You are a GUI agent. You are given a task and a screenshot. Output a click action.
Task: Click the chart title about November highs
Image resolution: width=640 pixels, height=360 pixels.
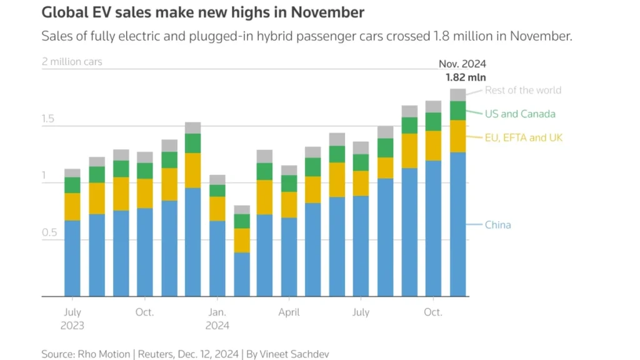tap(203, 12)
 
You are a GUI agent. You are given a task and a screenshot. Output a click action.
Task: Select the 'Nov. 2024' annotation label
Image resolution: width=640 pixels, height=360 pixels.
tap(462, 64)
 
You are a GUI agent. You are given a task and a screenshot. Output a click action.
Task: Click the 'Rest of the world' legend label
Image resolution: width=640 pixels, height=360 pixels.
tap(522, 90)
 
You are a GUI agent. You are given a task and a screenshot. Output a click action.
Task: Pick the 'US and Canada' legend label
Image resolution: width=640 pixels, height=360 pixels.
tap(519, 114)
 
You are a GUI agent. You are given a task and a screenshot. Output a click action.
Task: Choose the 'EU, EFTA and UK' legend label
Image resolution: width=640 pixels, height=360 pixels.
tap(524, 137)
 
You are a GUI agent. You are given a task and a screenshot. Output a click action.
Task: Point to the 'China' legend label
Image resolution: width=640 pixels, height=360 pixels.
tap(497, 225)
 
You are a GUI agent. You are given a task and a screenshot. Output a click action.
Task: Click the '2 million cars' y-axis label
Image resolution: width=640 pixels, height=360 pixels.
tap(72, 62)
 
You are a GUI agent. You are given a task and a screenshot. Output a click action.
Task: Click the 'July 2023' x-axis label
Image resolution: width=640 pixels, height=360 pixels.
tap(72, 319)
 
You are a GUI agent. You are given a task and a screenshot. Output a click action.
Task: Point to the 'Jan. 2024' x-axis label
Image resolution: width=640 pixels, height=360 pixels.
tap(217, 319)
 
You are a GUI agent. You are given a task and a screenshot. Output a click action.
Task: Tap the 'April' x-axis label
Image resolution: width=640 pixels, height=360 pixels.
tap(289, 312)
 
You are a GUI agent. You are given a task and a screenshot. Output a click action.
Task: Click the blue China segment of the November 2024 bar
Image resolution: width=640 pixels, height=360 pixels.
tap(458, 225)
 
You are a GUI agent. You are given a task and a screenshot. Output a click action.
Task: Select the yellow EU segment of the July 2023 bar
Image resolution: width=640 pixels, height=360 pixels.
tap(72, 207)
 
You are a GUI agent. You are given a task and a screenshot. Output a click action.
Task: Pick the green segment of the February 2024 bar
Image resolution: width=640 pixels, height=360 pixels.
tap(241, 221)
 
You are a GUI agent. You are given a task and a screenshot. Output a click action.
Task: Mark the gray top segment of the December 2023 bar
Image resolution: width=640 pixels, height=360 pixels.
tap(193, 128)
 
